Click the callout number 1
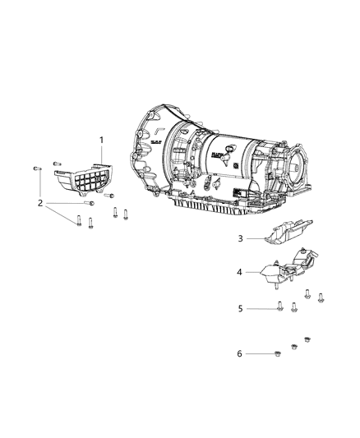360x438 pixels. (x=101, y=141)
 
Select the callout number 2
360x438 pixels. (x=39, y=202)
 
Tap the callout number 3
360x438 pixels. (x=241, y=238)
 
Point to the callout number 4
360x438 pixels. (x=241, y=271)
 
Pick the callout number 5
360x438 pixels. (x=241, y=308)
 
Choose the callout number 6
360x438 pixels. (x=241, y=353)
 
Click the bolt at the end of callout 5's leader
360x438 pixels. (x=279, y=308)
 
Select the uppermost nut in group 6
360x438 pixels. (x=307, y=339)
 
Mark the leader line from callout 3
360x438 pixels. (x=255, y=238)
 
